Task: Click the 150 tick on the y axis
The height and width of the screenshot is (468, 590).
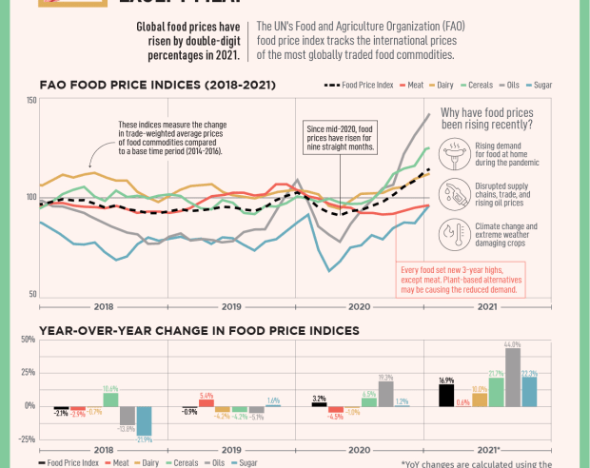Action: point(31,101)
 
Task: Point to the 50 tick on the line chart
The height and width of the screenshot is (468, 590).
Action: point(32,294)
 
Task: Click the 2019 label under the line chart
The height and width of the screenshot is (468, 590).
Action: point(231,306)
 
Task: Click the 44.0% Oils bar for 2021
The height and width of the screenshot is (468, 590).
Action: point(513,378)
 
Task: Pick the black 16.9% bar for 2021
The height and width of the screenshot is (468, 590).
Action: point(445,395)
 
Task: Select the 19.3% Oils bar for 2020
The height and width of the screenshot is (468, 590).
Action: point(385,394)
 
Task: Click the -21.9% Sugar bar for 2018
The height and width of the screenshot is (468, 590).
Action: point(144,421)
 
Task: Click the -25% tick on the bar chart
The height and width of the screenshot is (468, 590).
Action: point(27,439)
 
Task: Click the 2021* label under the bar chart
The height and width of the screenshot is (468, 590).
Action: point(487,449)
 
